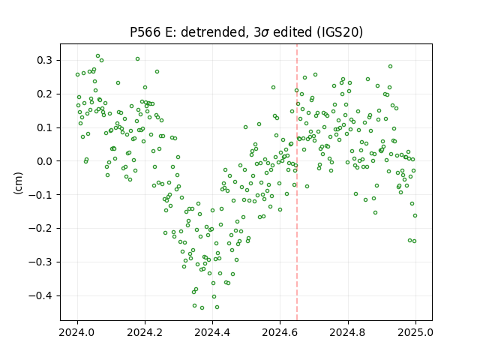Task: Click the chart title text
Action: coord(246,32)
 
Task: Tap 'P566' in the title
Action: coord(145,32)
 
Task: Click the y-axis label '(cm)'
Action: coord(18,183)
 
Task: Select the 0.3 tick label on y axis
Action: coord(45,60)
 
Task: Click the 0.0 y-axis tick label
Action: coord(45,161)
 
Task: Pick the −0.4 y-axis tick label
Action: coord(40,295)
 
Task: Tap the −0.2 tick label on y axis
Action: coord(40,228)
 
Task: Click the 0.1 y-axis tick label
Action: coord(45,127)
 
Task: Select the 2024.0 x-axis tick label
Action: coord(77,332)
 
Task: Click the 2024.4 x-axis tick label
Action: coord(212,332)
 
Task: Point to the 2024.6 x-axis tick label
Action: coord(280,332)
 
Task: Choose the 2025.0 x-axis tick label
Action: coord(415,332)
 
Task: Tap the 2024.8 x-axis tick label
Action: coord(348,332)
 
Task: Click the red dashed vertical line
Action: coord(297,182)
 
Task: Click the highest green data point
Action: coord(98,56)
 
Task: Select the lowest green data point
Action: coord(202,308)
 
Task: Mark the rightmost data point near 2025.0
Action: coord(415,216)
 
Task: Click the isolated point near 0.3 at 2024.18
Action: coord(138,59)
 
